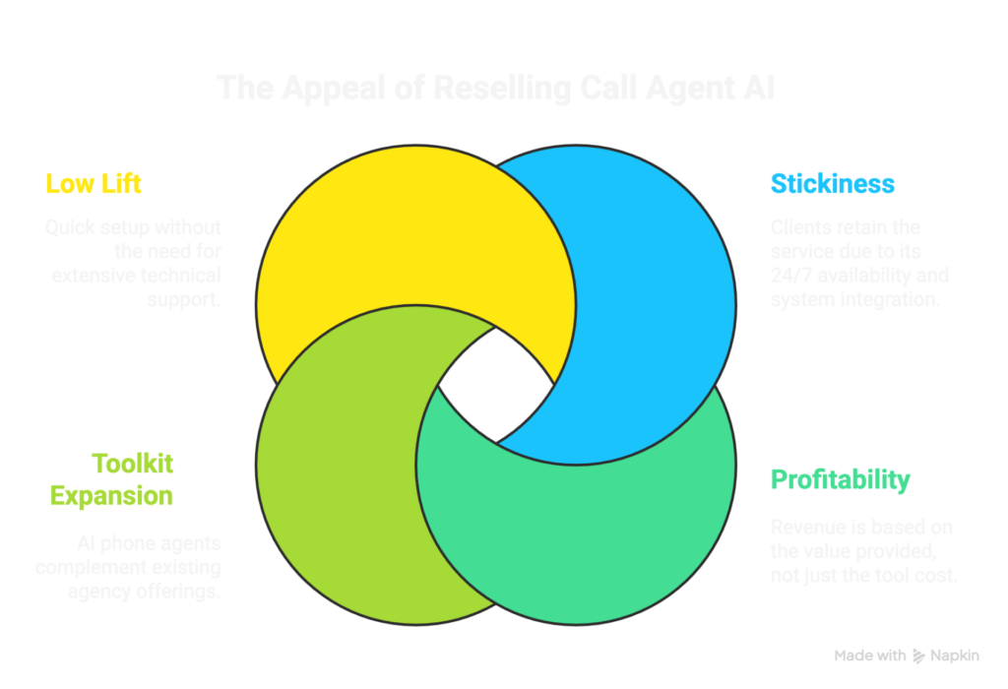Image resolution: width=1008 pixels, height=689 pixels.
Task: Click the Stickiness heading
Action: tap(832, 183)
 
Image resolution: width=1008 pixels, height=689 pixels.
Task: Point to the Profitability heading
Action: tap(840, 480)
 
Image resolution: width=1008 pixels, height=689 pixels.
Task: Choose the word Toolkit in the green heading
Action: tap(132, 463)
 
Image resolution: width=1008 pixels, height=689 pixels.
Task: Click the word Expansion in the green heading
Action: tap(111, 495)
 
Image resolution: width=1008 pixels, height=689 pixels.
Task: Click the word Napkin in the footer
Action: tap(958, 656)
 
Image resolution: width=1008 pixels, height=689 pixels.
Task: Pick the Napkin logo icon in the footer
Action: tap(919, 656)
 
